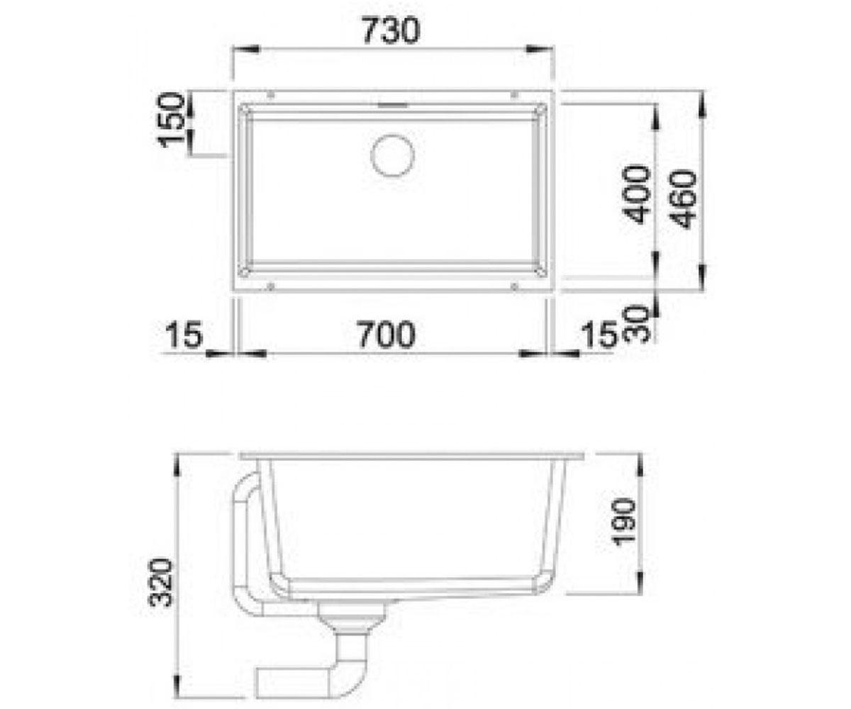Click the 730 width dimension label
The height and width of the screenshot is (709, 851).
coord(391,31)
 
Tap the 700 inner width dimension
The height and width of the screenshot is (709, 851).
coord(386,334)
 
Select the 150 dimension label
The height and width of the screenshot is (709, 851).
coord(171,119)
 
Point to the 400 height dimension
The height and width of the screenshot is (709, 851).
coord(635,194)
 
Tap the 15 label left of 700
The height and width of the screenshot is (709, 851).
coord(184,335)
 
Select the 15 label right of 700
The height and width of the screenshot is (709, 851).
coord(599,335)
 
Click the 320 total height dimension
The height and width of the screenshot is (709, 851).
coord(162,583)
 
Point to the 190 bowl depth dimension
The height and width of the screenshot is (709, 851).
coord(624,520)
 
